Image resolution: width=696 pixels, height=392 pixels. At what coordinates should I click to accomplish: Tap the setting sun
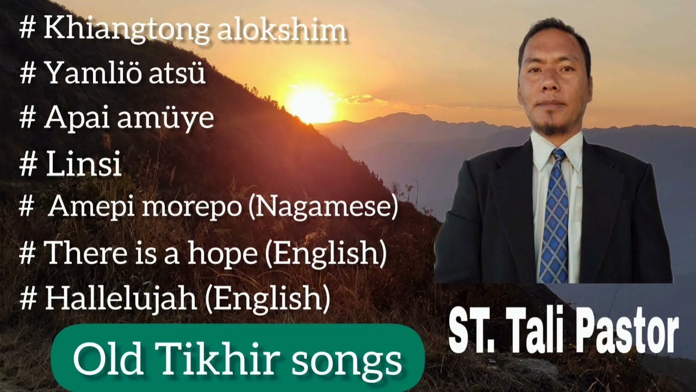pyautogui.click(x=310, y=105)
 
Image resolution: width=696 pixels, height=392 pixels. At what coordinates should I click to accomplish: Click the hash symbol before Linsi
pyautogui.click(x=28, y=164)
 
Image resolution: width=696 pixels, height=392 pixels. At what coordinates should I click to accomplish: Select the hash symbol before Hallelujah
pyautogui.click(x=28, y=298)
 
